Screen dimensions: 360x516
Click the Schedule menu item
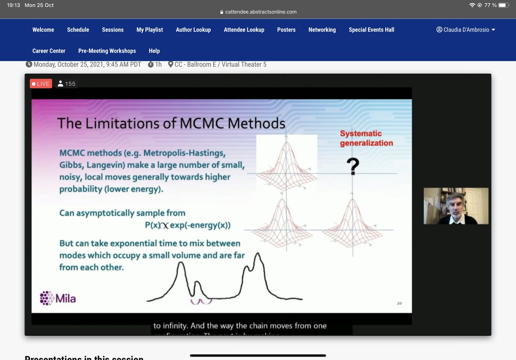pos(78,30)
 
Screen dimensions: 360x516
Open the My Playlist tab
pos(150,30)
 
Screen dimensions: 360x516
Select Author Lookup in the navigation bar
pos(193,30)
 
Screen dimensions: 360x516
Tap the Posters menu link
pos(286,30)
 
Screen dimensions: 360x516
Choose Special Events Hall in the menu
pos(371,30)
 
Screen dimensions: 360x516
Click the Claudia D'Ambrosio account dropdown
pos(466,30)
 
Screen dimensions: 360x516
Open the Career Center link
pos(49,51)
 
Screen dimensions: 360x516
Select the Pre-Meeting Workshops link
pos(107,51)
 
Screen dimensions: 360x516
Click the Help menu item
pos(154,51)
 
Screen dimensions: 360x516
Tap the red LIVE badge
pos(41,84)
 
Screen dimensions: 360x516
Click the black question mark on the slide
pos(353,167)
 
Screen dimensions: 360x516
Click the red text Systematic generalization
pos(366,138)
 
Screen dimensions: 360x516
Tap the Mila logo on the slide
pos(58,298)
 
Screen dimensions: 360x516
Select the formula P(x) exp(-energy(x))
pos(187,225)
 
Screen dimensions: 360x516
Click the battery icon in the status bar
pos(504,5)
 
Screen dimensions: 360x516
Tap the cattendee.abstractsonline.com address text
pos(261,12)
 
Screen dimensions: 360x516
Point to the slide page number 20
pos(399,304)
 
